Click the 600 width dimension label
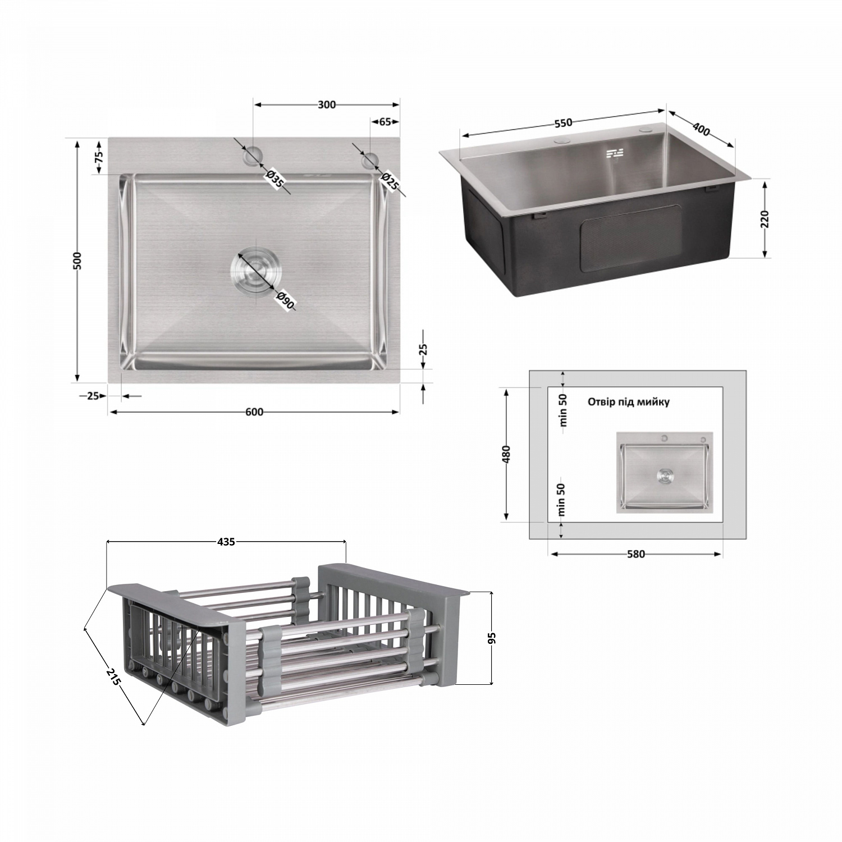(254, 412)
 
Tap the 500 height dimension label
(78, 260)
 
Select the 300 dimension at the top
(327, 104)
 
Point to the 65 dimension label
(385, 122)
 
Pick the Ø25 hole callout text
(390, 182)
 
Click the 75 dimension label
(99, 157)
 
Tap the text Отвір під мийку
(628, 402)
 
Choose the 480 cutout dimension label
(506, 454)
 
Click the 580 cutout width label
(635, 554)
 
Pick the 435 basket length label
(226, 542)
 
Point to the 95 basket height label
(492, 638)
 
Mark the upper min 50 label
(563, 410)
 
